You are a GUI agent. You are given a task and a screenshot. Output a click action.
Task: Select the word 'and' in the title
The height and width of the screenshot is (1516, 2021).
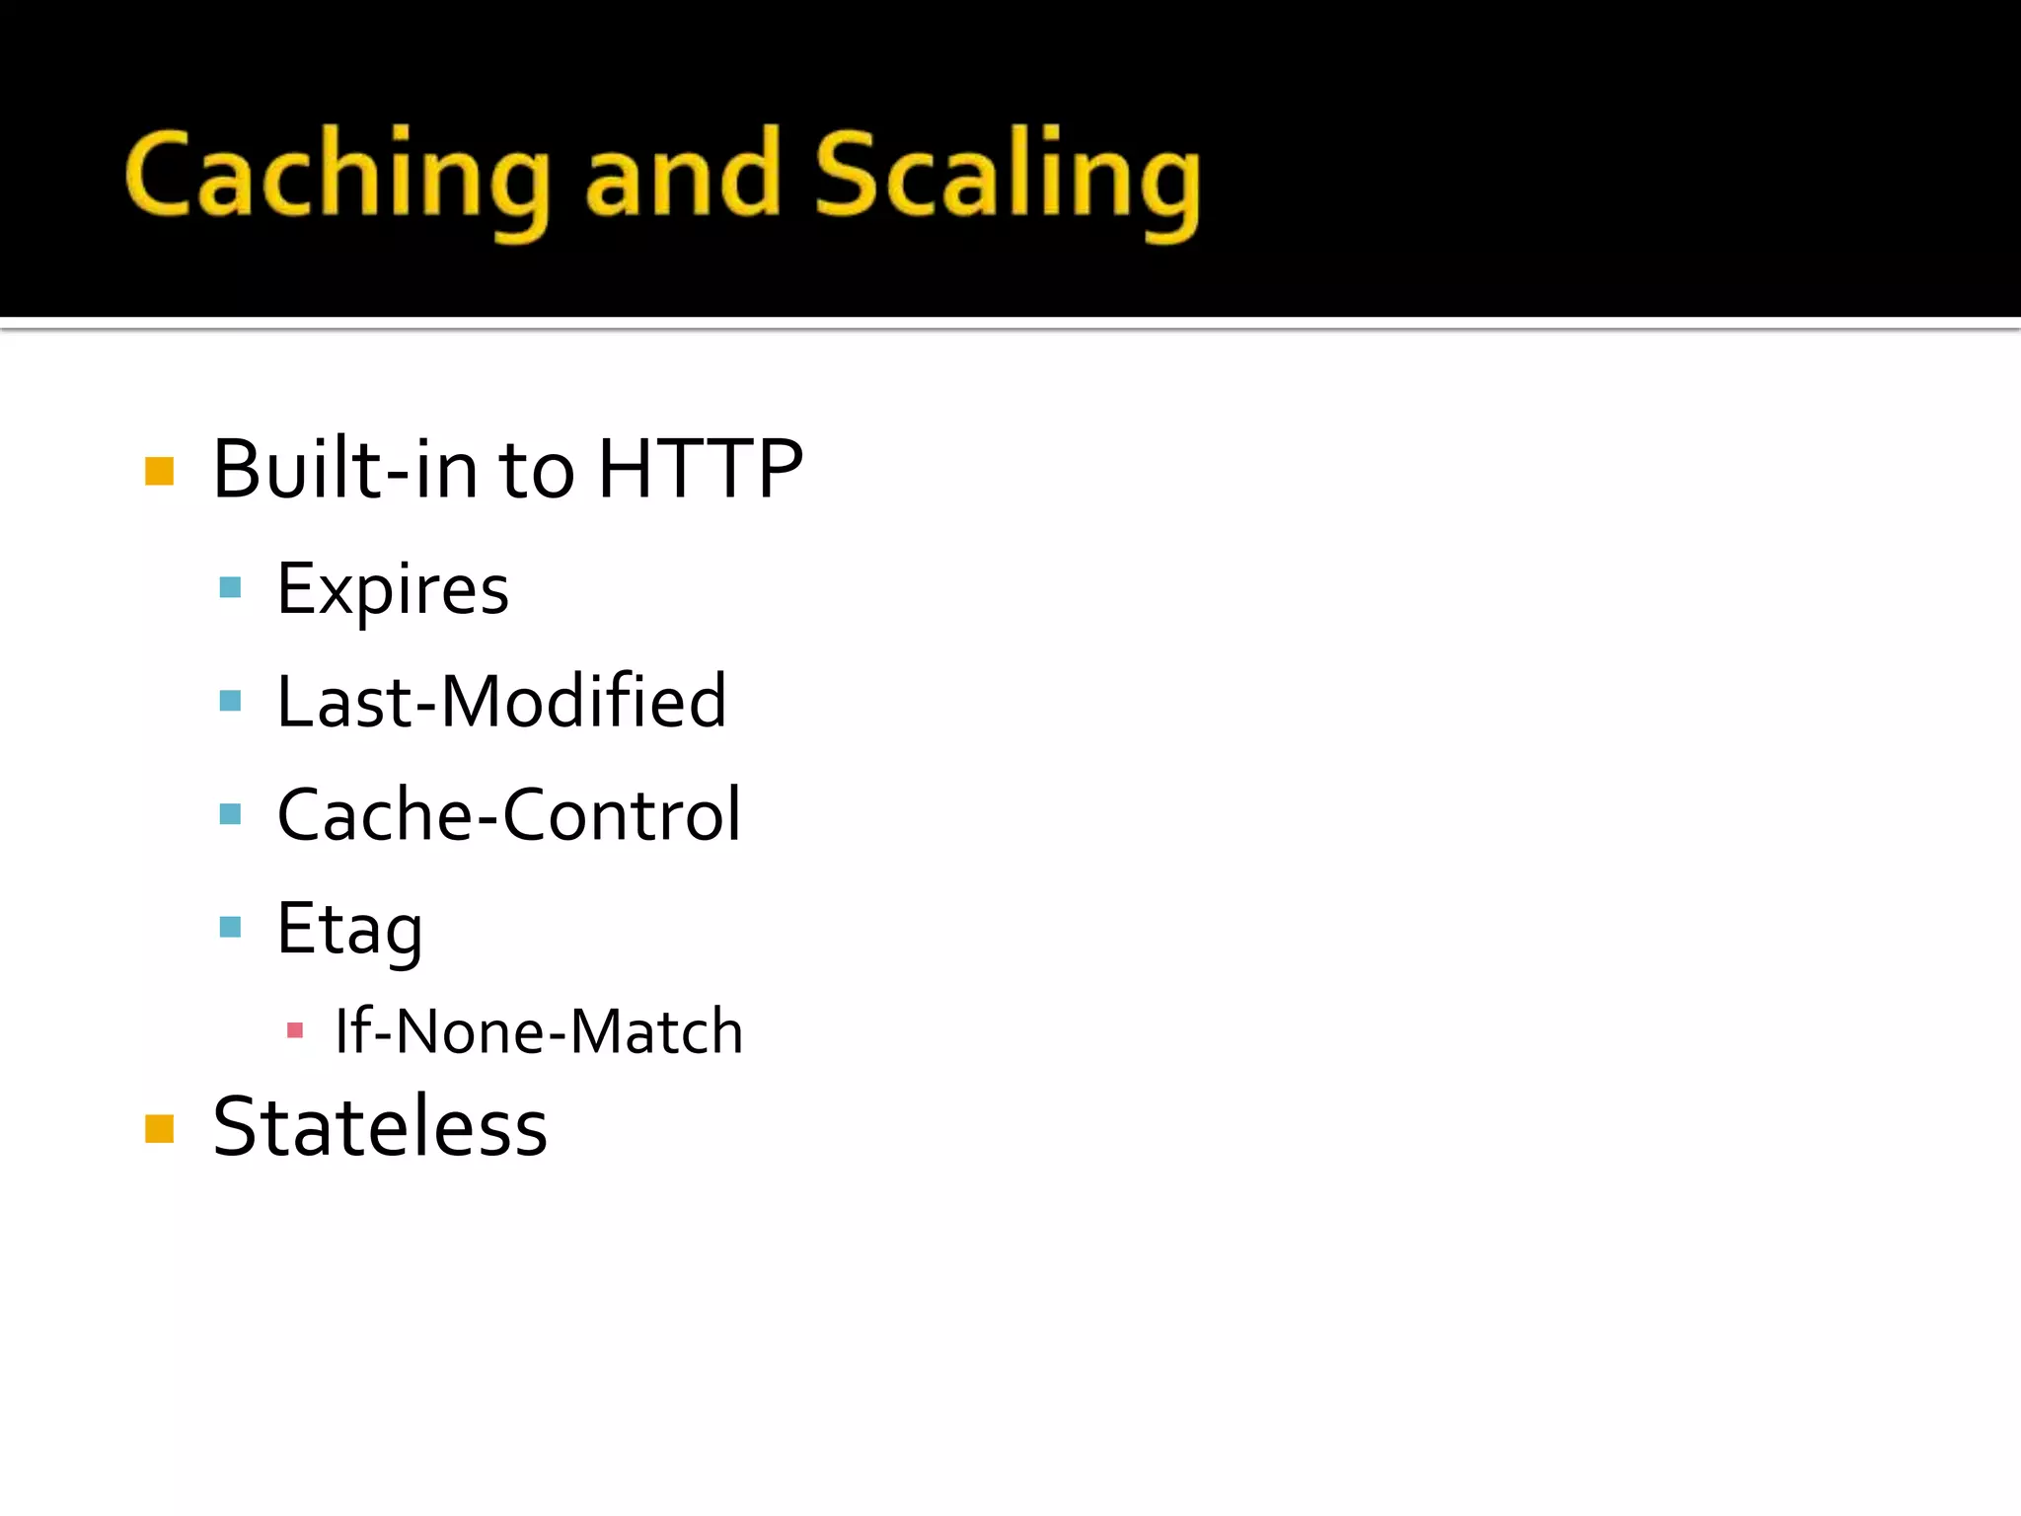(x=682, y=176)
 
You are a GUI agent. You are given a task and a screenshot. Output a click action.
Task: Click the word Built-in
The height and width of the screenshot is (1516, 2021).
(x=345, y=469)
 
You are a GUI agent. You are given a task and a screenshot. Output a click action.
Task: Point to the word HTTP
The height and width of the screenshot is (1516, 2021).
(x=701, y=469)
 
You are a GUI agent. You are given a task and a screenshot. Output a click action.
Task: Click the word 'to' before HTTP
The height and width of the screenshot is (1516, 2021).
(x=537, y=471)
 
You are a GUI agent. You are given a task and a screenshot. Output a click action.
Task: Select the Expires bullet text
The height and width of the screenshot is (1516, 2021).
(x=393, y=590)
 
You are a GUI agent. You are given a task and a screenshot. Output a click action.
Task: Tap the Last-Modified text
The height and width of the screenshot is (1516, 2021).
(x=501, y=702)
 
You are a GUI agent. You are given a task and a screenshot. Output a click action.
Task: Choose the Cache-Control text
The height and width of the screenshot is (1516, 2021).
(x=508, y=815)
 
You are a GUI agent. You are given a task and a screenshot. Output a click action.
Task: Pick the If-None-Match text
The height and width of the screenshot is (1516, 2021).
(x=538, y=1032)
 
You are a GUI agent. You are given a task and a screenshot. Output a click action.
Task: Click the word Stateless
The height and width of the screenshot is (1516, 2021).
(x=380, y=1127)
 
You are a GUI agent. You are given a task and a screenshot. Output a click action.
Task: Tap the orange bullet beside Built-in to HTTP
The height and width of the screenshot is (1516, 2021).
(x=159, y=472)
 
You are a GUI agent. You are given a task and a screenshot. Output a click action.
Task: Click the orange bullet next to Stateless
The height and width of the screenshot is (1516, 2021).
(x=159, y=1128)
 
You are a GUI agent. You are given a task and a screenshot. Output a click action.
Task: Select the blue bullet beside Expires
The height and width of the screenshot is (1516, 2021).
(x=230, y=588)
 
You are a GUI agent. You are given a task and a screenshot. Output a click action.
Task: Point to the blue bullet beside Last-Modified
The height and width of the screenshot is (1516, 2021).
(x=230, y=701)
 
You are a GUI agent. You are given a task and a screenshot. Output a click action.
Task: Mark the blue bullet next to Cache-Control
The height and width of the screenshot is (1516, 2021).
(x=230, y=814)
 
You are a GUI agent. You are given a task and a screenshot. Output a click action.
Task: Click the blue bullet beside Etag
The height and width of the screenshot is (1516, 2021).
(x=230, y=927)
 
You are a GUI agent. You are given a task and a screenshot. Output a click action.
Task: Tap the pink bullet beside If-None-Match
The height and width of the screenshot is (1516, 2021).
(x=294, y=1031)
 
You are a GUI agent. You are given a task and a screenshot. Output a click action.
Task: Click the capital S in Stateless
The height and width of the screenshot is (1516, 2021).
(x=236, y=1127)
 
